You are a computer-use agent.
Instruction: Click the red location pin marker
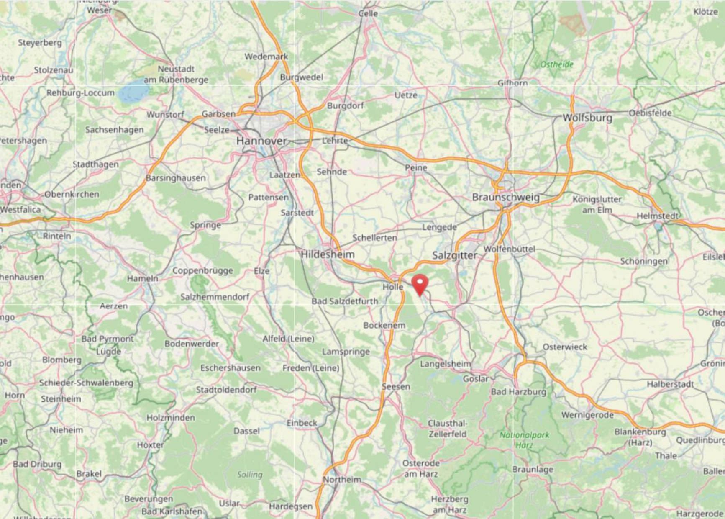[420, 284]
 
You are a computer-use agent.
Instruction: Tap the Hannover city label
[261, 141]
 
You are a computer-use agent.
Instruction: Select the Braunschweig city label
[506, 197]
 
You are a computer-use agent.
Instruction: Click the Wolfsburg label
[587, 118]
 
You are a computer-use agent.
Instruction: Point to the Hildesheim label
[328, 254]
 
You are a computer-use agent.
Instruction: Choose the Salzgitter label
[454, 255]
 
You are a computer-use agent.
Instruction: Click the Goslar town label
[476, 379]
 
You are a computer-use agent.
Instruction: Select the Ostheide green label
[557, 64]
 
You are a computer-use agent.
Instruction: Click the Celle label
[368, 13]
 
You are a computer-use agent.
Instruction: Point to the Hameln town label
[143, 278]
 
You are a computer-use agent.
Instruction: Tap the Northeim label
[342, 480]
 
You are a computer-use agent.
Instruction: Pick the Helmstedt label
[658, 216]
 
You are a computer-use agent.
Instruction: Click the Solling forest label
[250, 475]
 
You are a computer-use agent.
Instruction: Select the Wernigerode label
[587, 415]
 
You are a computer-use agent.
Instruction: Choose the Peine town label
[416, 168]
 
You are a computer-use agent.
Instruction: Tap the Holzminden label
[171, 418]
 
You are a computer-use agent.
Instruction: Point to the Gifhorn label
[512, 83]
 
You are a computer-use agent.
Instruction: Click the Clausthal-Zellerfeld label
[447, 429]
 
